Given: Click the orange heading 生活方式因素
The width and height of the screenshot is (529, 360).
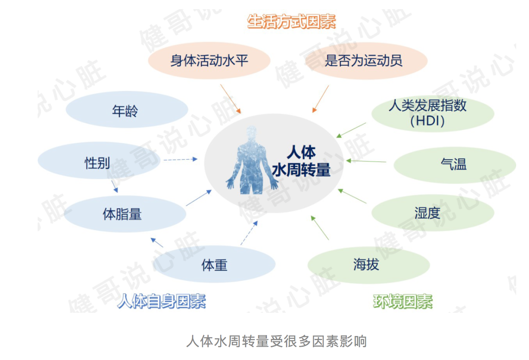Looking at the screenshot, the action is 291,22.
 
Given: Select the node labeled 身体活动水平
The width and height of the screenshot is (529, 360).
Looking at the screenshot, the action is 209,61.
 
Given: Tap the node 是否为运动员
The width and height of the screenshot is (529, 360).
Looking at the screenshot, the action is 366,61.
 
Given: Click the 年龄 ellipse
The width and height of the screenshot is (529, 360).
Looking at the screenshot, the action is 127,110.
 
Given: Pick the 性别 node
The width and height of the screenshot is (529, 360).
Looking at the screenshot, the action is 99,161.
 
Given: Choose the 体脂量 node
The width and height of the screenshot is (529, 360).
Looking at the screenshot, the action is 125,214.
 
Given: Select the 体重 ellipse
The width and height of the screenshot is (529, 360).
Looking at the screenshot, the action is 214,264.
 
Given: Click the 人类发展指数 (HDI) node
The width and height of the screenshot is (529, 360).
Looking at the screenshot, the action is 433,113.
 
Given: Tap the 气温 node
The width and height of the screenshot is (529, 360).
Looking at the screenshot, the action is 455,165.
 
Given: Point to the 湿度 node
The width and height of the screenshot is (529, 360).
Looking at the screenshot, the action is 433,213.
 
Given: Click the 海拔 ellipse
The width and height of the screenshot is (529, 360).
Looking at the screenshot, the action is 369,265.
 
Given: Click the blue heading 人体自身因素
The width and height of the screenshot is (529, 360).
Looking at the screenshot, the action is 162,301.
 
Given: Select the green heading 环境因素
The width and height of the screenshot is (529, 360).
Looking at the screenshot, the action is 403,301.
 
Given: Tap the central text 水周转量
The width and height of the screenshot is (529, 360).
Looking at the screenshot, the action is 301,170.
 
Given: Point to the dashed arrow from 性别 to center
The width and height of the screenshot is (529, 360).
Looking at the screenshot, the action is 180,160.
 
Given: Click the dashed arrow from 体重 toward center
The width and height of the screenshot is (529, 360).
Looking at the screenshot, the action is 249,233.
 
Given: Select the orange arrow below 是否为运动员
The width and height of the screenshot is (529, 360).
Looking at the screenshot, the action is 320,99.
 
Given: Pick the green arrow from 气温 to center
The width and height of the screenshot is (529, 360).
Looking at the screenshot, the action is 366,161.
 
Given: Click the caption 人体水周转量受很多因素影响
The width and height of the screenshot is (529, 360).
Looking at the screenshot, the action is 277,341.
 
